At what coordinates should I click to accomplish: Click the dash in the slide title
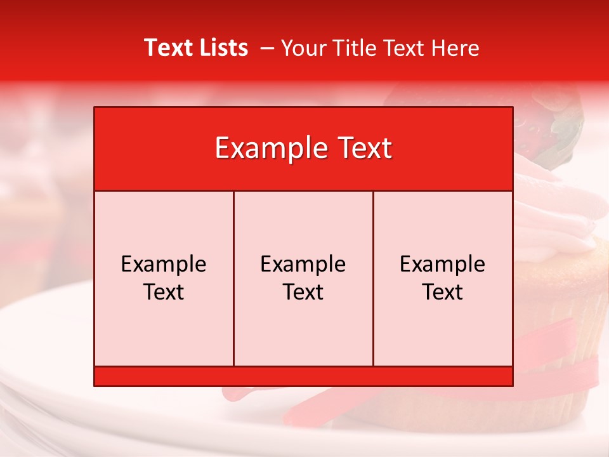(267, 48)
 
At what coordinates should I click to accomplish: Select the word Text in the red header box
(363, 149)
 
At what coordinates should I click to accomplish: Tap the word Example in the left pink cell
(164, 264)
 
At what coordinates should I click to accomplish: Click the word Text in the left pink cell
(164, 292)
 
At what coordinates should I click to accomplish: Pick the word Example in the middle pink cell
(303, 264)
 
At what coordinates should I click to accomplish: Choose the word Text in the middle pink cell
(303, 292)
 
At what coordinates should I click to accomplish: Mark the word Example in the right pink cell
(443, 264)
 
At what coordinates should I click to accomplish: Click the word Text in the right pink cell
(443, 292)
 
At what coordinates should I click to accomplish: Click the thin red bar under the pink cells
(303, 376)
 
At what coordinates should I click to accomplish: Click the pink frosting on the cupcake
(558, 216)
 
